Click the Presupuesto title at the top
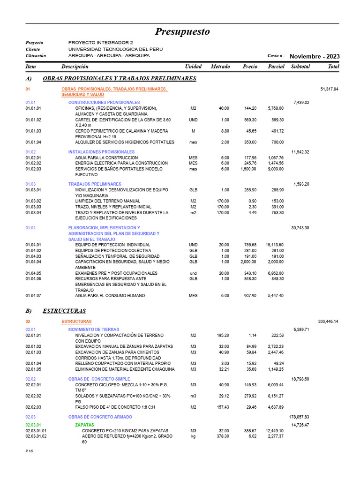click(182, 32)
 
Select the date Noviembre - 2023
click(315, 56)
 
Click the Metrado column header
click(220, 67)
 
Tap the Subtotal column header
click(300, 67)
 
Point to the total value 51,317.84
click(329, 89)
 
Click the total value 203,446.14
click(328, 322)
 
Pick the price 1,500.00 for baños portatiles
click(248, 169)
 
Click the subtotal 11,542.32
click(300, 152)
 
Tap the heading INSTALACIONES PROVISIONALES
click(101, 152)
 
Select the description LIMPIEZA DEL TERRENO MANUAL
click(107, 201)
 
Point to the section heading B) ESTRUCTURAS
click(64, 310)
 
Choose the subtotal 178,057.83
click(300, 417)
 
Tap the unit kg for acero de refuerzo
click(193, 436)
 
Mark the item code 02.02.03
click(33, 407)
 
